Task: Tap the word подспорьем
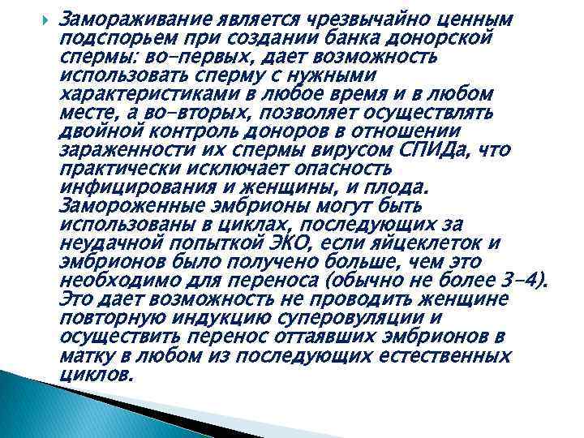(105, 36)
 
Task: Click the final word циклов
(96, 376)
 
